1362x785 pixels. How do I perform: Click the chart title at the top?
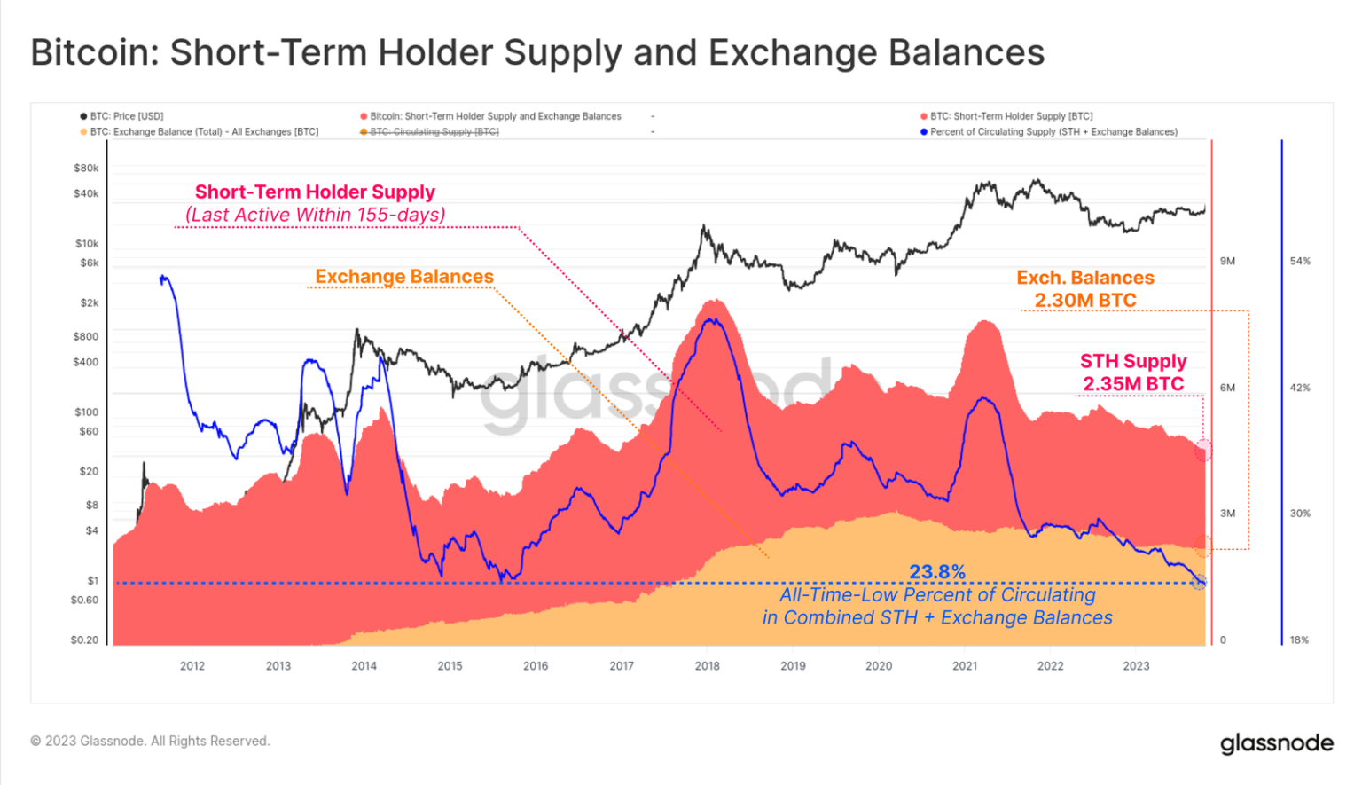pyautogui.click(x=537, y=52)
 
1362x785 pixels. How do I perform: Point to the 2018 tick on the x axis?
pyautogui.click(x=707, y=666)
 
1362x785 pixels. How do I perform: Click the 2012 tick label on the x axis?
pyautogui.click(x=192, y=666)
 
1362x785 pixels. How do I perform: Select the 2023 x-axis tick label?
pyautogui.click(x=1136, y=666)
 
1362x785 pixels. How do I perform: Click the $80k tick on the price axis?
pyautogui.click(x=86, y=169)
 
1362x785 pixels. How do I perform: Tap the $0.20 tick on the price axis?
pyautogui.click(x=85, y=640)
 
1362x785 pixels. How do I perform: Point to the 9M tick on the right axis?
pyautogui.click(x=1227, y=262)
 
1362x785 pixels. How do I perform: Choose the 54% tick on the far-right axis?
pyautogui.click(x=1300, y=262)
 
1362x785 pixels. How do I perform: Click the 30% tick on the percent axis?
pyautogui.click(x=1300, y=514)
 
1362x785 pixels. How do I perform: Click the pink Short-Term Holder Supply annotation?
pyautogui.click(x=315, y=192)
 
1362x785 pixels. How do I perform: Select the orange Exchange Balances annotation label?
pyautogui.click(x=404, y=277)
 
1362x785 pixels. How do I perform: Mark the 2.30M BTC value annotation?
pyautogui.click(x=1085, y=301)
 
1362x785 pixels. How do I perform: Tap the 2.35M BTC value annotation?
pyautogui.click(x=1133, y=384)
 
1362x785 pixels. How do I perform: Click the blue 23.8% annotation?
pyautogui.click(x=937, y=572)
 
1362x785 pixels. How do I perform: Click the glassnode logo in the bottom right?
pyautogui.click(x=1276, y=743)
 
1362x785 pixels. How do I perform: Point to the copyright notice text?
pyautogui.click(x=150, y=742)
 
